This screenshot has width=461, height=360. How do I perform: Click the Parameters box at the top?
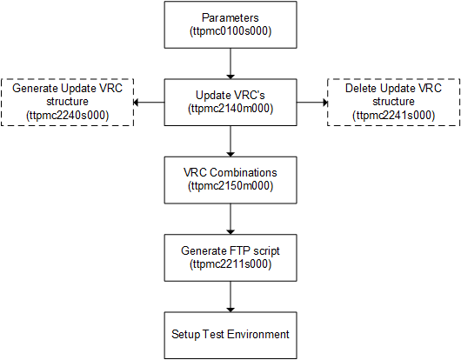point(230,24)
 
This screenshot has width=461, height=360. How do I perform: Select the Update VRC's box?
point(230,102)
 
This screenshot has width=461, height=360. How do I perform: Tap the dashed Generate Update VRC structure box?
point(68,102)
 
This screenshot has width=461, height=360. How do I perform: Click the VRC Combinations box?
point(230,179)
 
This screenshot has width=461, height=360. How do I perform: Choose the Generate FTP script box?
point(230,257)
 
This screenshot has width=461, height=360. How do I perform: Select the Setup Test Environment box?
point(230,334)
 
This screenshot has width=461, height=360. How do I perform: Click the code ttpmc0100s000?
point(230,31)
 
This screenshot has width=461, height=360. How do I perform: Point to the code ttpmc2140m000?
point(230,109)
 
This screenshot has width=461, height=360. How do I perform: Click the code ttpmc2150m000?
point(230,186)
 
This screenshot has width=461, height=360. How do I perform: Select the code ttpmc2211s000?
point(230,263)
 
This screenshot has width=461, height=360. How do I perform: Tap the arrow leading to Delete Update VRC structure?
point(310,102)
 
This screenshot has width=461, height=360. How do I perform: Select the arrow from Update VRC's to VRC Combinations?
point(230,140)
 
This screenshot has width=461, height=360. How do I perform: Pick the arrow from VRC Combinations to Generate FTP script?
point(230,217)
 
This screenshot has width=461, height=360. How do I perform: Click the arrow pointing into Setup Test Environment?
point(230,295)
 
